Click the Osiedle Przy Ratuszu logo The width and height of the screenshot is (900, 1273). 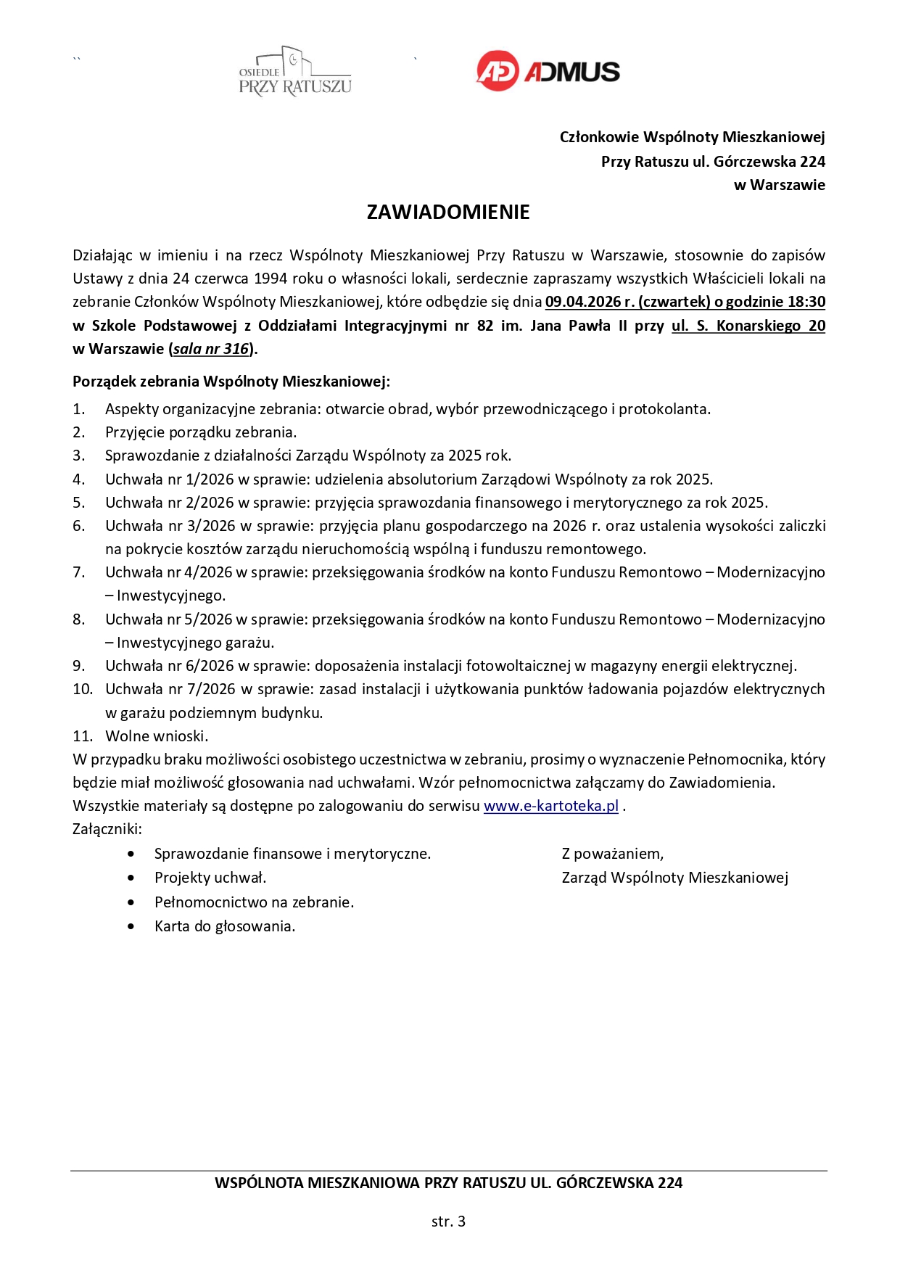pyautogui.click(x=295, y=72)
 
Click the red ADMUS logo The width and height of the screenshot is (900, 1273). pyautogui.click(x=548, y=71)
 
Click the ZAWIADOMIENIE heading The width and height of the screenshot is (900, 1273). pyautogui.click(x=448, y=212)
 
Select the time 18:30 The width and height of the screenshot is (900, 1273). pyautogui.click(x=806, y=302)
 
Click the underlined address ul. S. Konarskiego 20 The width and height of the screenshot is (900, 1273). pyautogui.click(x=748, y=326)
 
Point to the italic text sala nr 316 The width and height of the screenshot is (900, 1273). pyautogui.click(x=211, y=349)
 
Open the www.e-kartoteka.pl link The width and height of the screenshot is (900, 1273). pyautogui.click(x=551, y=806)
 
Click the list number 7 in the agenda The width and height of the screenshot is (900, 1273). pyautogui.click(x=78, y=572)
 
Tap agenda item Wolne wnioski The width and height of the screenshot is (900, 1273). pyautogui.click(x=157, y=736)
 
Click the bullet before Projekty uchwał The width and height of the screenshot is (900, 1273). pyautogui.click(x=131, y=878)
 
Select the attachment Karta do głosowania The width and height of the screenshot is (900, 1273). pyautogui.click(x=225, y=926)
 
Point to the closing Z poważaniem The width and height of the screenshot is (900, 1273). pyautogui.click(x=613, y=854)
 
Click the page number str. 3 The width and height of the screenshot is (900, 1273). pyautogui.click(x=448, y=1221)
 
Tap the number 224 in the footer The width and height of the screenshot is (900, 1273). pyautogui.click(x=669, y=1183)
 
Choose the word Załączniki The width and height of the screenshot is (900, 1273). pyautogui.click(x=107, y=829)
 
